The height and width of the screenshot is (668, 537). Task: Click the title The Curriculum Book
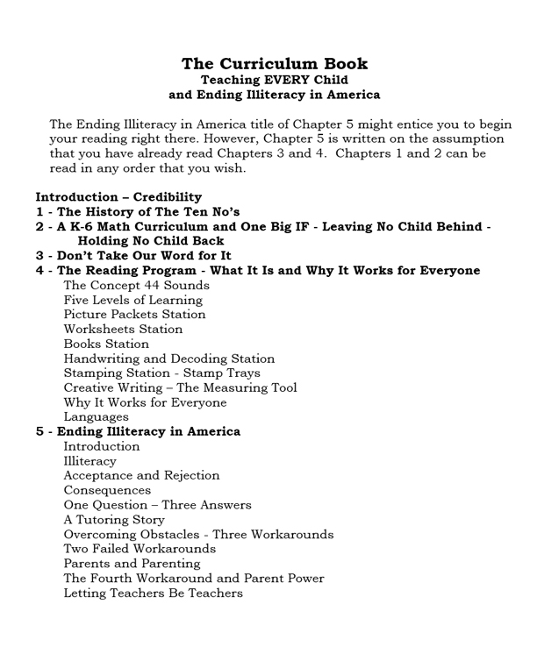coord(274,64)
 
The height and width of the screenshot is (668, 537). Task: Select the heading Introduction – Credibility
coord(118,197)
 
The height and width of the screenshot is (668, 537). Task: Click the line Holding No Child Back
coord(150,241)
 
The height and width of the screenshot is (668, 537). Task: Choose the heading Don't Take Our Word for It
coord(133,256)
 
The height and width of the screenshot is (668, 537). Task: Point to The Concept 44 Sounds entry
coord(136,286)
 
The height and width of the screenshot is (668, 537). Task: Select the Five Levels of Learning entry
coord(133,300)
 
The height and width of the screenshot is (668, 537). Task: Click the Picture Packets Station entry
coord(134,315)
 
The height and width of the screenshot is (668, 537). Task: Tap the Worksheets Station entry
coord(123,330)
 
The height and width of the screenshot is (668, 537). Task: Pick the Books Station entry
coord(106,345)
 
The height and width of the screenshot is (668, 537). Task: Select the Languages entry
coord(96,417)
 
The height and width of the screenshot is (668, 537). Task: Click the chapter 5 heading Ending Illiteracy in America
coord(138,432)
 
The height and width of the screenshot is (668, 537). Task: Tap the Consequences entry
coord(107,491)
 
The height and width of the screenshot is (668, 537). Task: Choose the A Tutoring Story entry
coord(114,520)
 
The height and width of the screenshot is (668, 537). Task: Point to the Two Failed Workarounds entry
coord(140,550)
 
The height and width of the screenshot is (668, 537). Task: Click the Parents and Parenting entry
coord(132,564)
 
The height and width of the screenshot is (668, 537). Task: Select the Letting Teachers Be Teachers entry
coord(153,593)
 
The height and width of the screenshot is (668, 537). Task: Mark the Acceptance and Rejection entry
coord(141,476)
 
